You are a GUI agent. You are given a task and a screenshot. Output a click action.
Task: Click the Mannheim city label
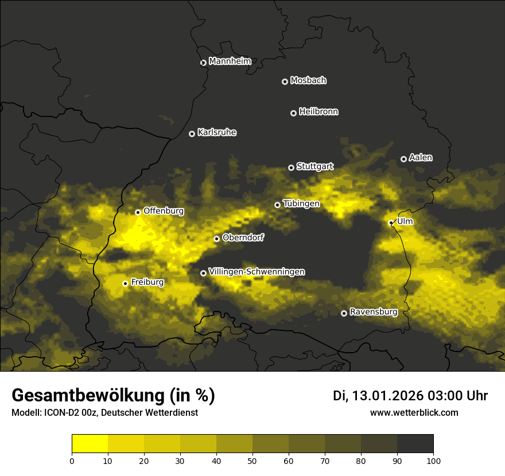click(x=230, y=61)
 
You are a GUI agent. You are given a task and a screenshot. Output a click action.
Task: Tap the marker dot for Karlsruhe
click(x=192, y=134)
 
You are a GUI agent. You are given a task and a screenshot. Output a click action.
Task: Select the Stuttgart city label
click(x=314, y=167)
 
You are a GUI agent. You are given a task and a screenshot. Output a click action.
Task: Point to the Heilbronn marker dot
click(x=293, y=113)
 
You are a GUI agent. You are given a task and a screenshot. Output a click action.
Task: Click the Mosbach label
click(x=308, y=81)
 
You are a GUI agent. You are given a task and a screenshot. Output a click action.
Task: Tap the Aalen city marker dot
click(x=403, y=159)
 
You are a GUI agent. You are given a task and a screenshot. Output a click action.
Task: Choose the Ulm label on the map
click(x=405, y=221)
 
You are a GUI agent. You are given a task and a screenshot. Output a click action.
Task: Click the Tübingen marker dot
click(x=277, y=205)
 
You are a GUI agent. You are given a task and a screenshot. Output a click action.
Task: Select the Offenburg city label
click(x=164, y=211)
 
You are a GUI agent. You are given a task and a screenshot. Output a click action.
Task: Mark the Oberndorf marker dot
click(x=216, y=239)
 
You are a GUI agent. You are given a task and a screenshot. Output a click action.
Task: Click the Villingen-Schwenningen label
click(x=257, y=272)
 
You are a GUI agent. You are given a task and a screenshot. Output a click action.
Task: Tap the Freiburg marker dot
click(x=125, y=283)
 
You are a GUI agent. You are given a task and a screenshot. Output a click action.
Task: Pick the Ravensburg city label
click(x=373, y=312)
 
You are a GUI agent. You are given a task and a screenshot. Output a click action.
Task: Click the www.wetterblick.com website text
click(x=414, y=413)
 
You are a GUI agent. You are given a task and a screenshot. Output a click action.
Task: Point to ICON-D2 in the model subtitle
click(x=59, y=413)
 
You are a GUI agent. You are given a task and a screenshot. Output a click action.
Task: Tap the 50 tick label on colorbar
click(x=252, y=461)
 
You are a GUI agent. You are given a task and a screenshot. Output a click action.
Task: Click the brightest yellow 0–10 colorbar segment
click(x=90, y=444)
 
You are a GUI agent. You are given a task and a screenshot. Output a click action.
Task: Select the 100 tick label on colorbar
click(x=433, y=461)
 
